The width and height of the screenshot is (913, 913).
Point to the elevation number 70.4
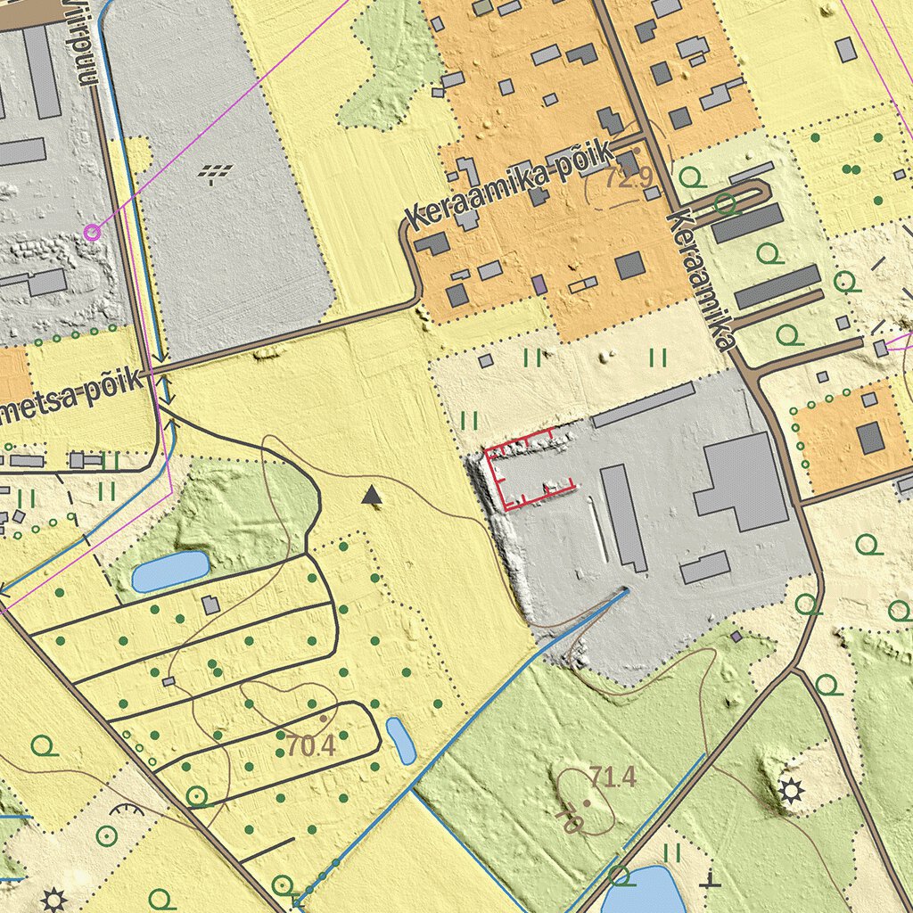[x=311, y=745]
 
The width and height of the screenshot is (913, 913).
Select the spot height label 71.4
[x=613, y=777]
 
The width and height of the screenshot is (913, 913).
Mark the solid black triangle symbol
[x=372, y=496]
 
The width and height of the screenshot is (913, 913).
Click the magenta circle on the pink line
[x=91, y=233]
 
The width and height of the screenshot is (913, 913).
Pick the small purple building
[x=539, y=285]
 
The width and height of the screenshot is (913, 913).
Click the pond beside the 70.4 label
[x=400, y=741]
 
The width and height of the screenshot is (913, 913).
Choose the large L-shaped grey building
[x=741, y=481]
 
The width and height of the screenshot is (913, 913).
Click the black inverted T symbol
[x=710, y=879]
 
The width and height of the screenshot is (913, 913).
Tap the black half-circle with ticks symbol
[x=129, y=810]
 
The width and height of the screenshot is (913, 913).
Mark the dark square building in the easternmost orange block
[x=870, y=437]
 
